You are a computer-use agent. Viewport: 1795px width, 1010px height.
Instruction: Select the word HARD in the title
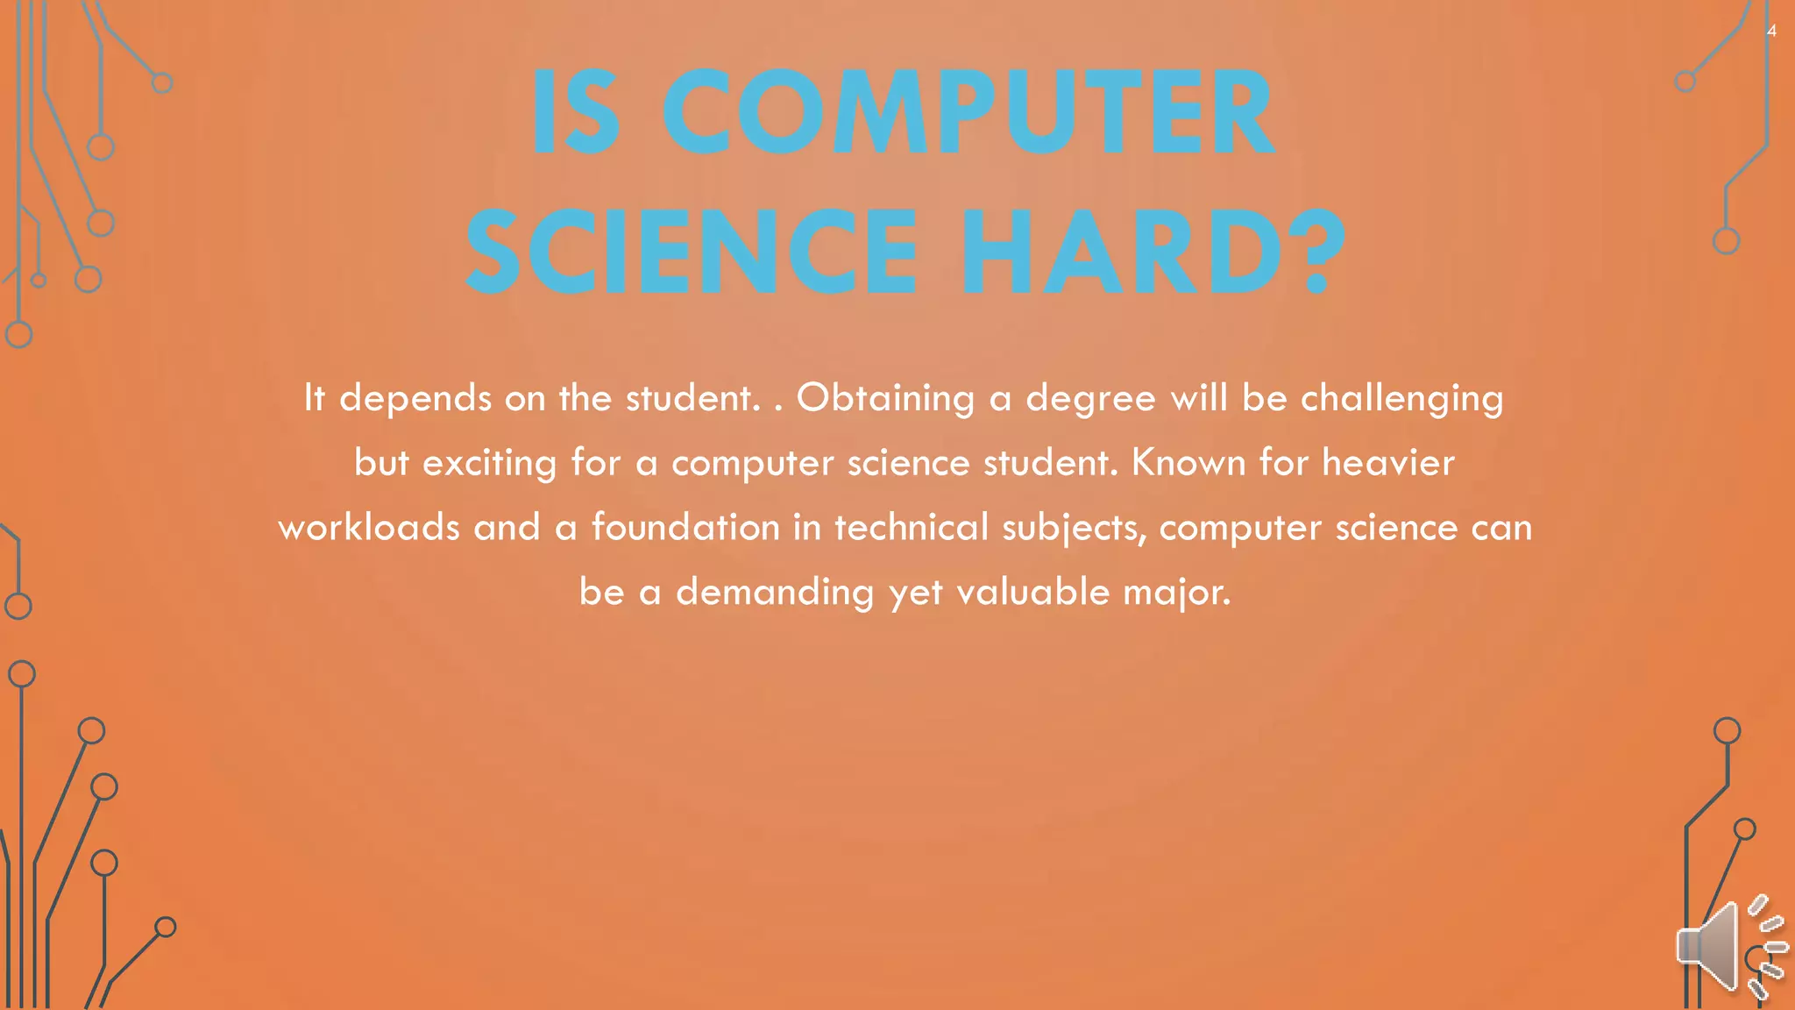1122,252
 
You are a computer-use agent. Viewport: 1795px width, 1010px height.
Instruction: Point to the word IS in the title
575,114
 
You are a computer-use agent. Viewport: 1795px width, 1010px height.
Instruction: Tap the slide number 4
1771,32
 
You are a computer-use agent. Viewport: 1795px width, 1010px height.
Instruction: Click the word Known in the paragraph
1188,463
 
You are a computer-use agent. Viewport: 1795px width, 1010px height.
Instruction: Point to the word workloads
369,528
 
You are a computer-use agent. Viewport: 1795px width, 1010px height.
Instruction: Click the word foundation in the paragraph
685,528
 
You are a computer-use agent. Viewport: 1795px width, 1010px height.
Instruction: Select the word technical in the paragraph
911,528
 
